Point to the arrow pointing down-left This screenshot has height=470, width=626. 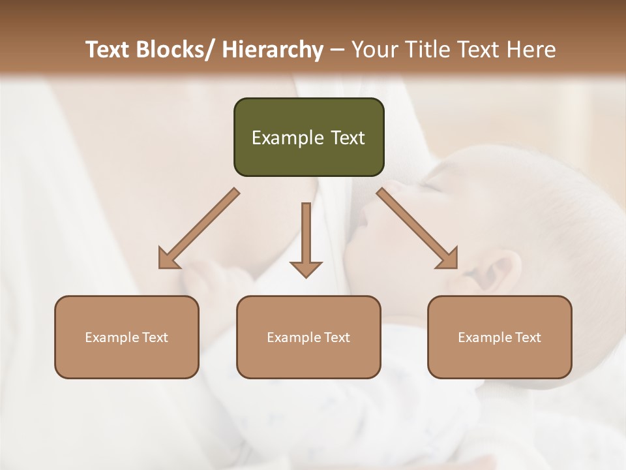coord(199,228)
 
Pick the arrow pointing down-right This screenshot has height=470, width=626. coord(417,228)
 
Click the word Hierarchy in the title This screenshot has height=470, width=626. coord(273,50)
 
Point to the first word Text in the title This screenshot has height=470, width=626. coord(108,50)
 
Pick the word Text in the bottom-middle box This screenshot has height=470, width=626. coord(337,337)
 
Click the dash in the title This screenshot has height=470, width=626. coord(337,50)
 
